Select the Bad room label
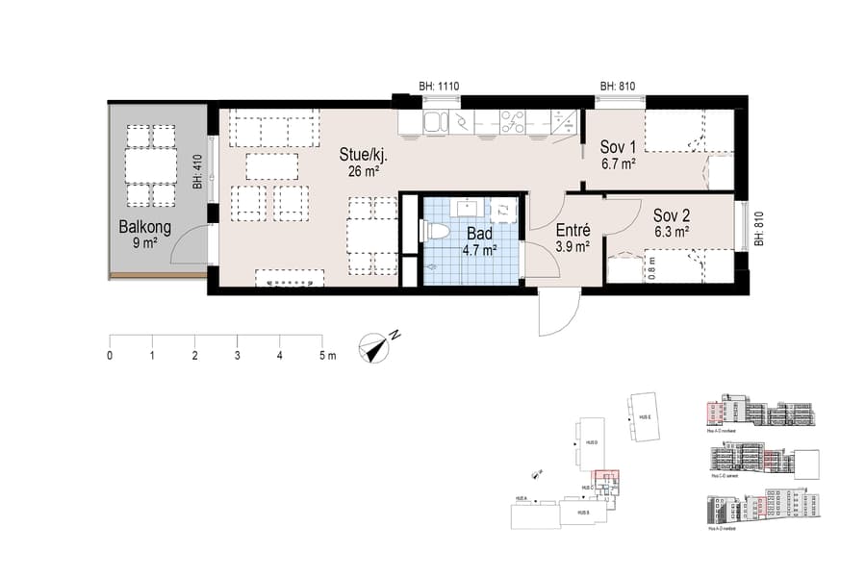click(x=481, y=234)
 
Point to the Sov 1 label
click(x=618, y=147)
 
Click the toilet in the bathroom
click(x=436, y=231)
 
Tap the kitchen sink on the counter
click(x=434, y=121)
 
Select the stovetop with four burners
click(x=511, y=121)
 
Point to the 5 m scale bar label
click(x=326, y=356)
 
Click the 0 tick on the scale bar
click(x=110, y=356)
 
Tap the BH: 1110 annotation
click(x=439, y=87)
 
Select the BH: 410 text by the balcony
click(x=196, y=170)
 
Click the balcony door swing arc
click(x=189, y=245)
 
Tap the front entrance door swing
click(x=557, y=313)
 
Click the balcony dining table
click(x=151, y=165)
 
